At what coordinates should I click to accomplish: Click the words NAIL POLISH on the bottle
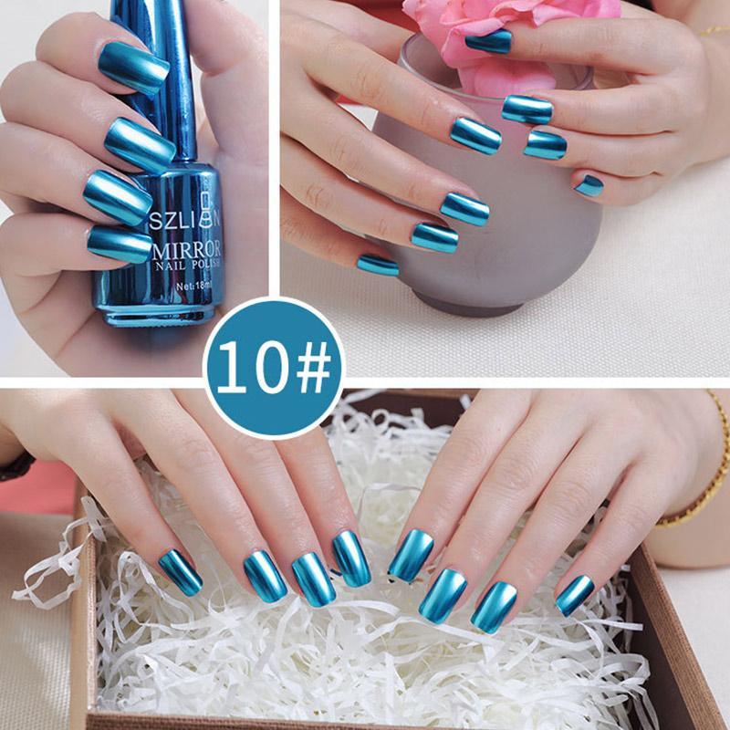click(186, 268)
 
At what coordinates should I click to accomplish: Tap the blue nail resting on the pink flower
click(489, 41)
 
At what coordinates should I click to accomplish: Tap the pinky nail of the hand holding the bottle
click(120, 244)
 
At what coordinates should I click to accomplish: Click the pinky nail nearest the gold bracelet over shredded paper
click(575, 594)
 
